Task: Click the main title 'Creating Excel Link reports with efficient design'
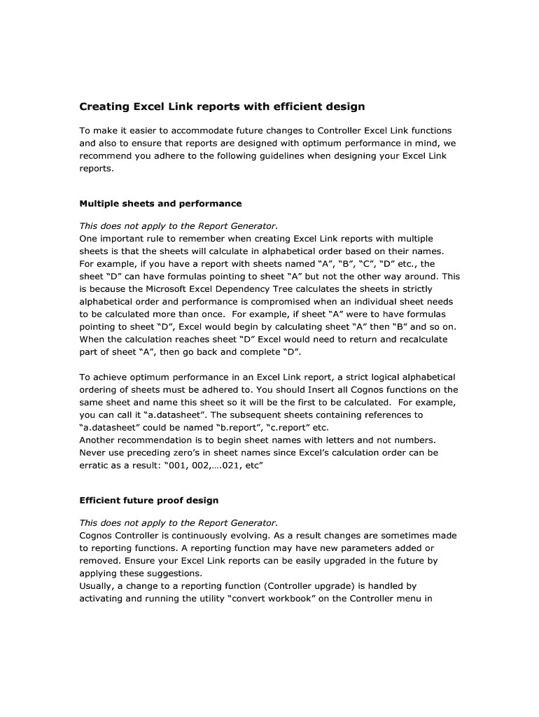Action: point(222,107)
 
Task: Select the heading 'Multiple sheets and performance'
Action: point(160,204)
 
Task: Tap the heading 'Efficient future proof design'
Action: point(148,501)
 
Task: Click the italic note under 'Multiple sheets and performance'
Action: point(178,225)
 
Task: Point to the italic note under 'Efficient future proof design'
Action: point(178,522)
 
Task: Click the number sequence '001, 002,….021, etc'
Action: point(214,465)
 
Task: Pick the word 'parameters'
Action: point(369,548)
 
